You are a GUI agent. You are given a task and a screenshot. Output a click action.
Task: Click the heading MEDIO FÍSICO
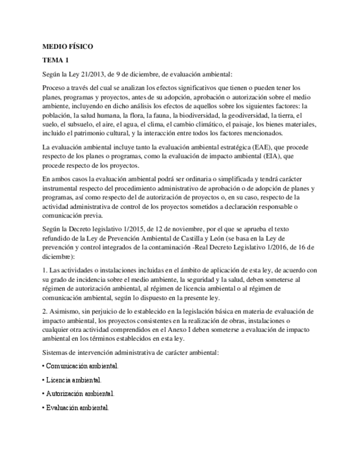click(68, 47)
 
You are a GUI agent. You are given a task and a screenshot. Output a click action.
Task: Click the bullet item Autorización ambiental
click(80, 393)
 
